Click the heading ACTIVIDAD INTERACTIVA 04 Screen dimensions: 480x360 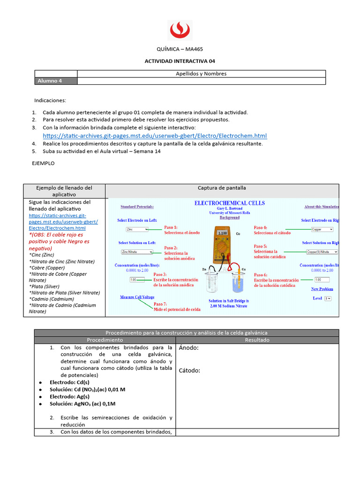[x=180, y=61]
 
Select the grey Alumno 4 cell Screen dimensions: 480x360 [x=56, y=81]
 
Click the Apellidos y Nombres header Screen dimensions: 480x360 [x=201, y=74]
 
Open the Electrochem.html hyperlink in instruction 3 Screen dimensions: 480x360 [x=155, y=135]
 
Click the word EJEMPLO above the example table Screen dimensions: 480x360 [x=43, y=164]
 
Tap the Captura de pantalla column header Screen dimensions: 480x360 [x=221, y=188]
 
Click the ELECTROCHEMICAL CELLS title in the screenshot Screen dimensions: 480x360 [x=229, y=203]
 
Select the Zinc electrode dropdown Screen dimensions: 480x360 [x=137, y=230]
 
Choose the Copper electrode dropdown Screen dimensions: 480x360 [x=322, y=230]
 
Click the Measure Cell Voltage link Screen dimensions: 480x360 [x=137, y=297]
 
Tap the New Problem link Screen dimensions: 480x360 [x=322, y=289]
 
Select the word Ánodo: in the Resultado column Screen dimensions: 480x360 [x=188, y=348]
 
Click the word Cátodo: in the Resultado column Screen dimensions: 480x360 [x=189, y=370]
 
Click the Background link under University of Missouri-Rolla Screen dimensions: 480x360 [x=229, y=217]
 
